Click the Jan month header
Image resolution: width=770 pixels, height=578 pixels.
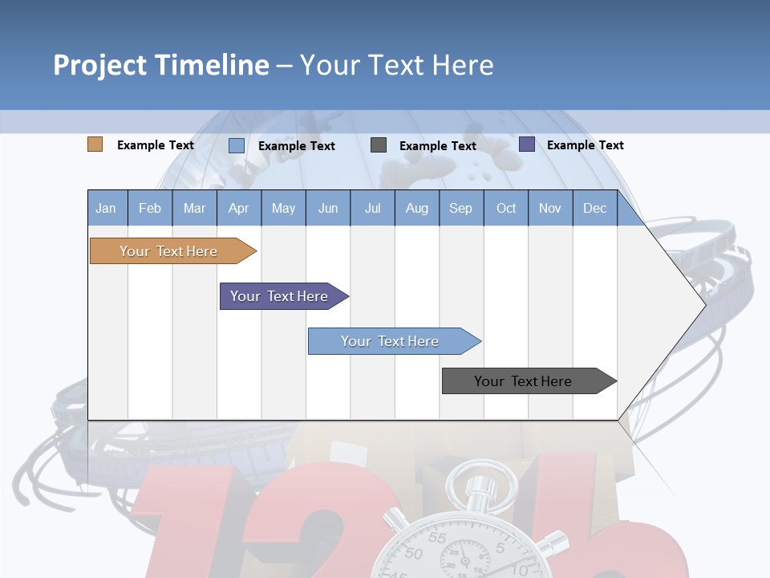click(x=107, y=208)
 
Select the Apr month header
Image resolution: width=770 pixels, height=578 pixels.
click(x=239, y=208)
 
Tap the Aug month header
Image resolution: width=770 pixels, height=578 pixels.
click(x=417, y=208)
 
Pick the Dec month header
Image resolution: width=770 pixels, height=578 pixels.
click(x=595, y=208)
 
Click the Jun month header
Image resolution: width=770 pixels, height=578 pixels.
click(x=328, y=208)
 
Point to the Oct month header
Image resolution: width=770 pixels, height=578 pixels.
click(x=506, y=208)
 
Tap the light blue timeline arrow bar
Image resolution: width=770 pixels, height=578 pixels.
click(x=391, y=341)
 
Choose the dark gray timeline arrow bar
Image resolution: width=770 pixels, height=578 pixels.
click(x=524, y=381)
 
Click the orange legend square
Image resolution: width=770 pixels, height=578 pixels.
click(x=95, y=144)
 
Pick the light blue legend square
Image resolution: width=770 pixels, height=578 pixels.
click(x=237, y=145)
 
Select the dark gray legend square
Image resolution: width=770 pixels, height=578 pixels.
click(x=379, y=145)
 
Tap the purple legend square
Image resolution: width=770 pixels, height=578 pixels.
click(x=527, y=144)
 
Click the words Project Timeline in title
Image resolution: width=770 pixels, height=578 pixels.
click(x=161, y=65)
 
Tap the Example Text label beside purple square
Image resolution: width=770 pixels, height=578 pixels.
click(x=585, y=145)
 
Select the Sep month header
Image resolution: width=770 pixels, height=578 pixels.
click(x=461, y=208)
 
